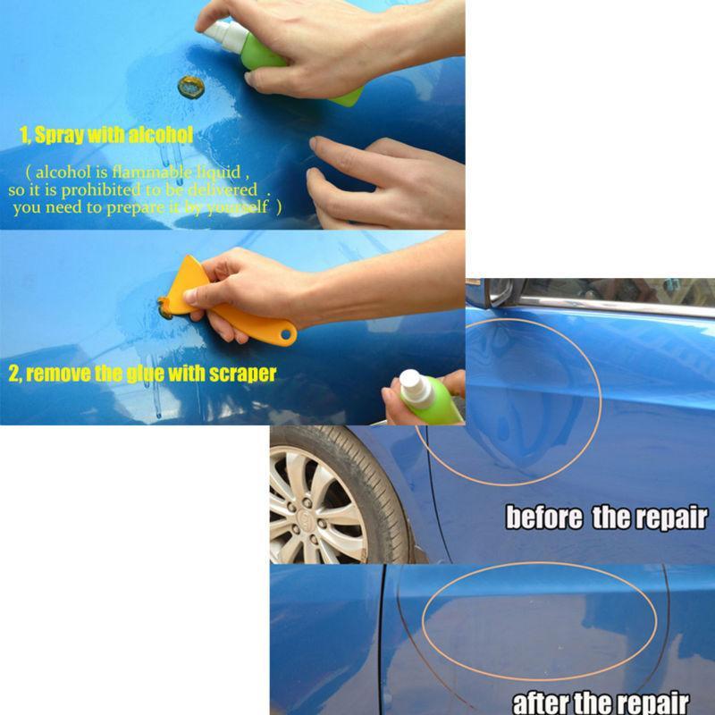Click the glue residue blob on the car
click(x=190, y=87)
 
